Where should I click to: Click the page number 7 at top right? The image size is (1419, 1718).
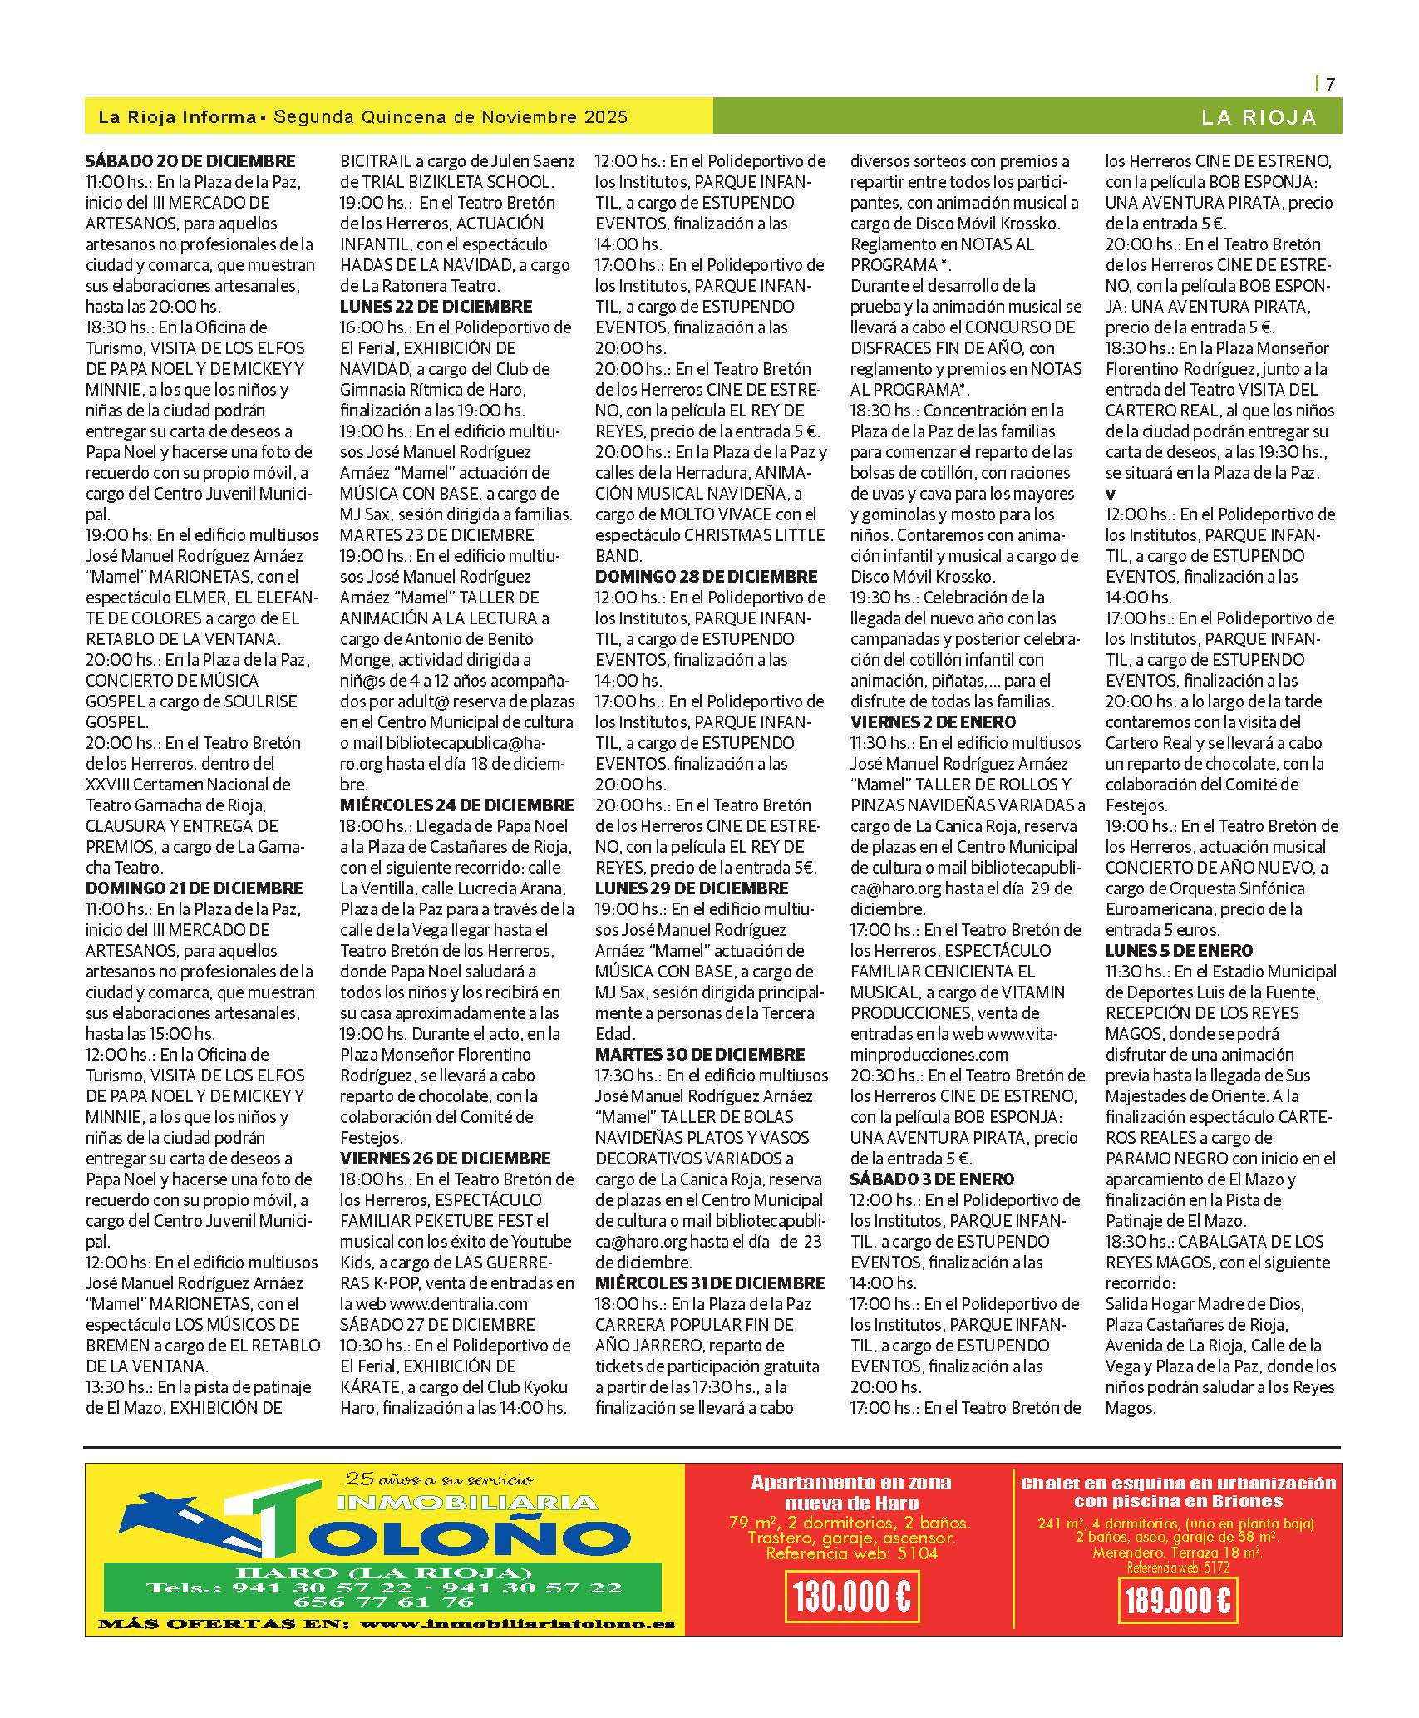coord(1330,84)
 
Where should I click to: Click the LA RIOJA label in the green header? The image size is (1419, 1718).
coord(1259,118)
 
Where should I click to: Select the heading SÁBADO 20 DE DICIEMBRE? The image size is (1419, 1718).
coord(190,161)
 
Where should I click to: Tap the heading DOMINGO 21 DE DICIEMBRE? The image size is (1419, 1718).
coord(194,889)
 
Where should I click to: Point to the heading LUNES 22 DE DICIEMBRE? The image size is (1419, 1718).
coord(436,307)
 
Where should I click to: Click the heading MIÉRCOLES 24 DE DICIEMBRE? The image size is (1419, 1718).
coord(456,805)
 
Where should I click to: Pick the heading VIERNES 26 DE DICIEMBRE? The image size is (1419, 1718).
coord(445,1159)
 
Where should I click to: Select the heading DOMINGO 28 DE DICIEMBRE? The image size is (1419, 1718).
coord(706,577)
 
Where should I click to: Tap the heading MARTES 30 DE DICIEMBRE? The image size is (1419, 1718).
coord(700,1055)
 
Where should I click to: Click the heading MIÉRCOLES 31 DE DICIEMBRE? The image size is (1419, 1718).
coord(710,1283)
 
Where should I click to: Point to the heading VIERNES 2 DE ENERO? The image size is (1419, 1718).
coord(933,722)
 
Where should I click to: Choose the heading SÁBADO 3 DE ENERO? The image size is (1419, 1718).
coord(932,1179)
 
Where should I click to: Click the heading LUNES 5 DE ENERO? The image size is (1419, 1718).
coord(1179,951)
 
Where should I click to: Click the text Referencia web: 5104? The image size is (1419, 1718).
coord(851,1553)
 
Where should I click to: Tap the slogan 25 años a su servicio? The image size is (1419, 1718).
coord(439,1479)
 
